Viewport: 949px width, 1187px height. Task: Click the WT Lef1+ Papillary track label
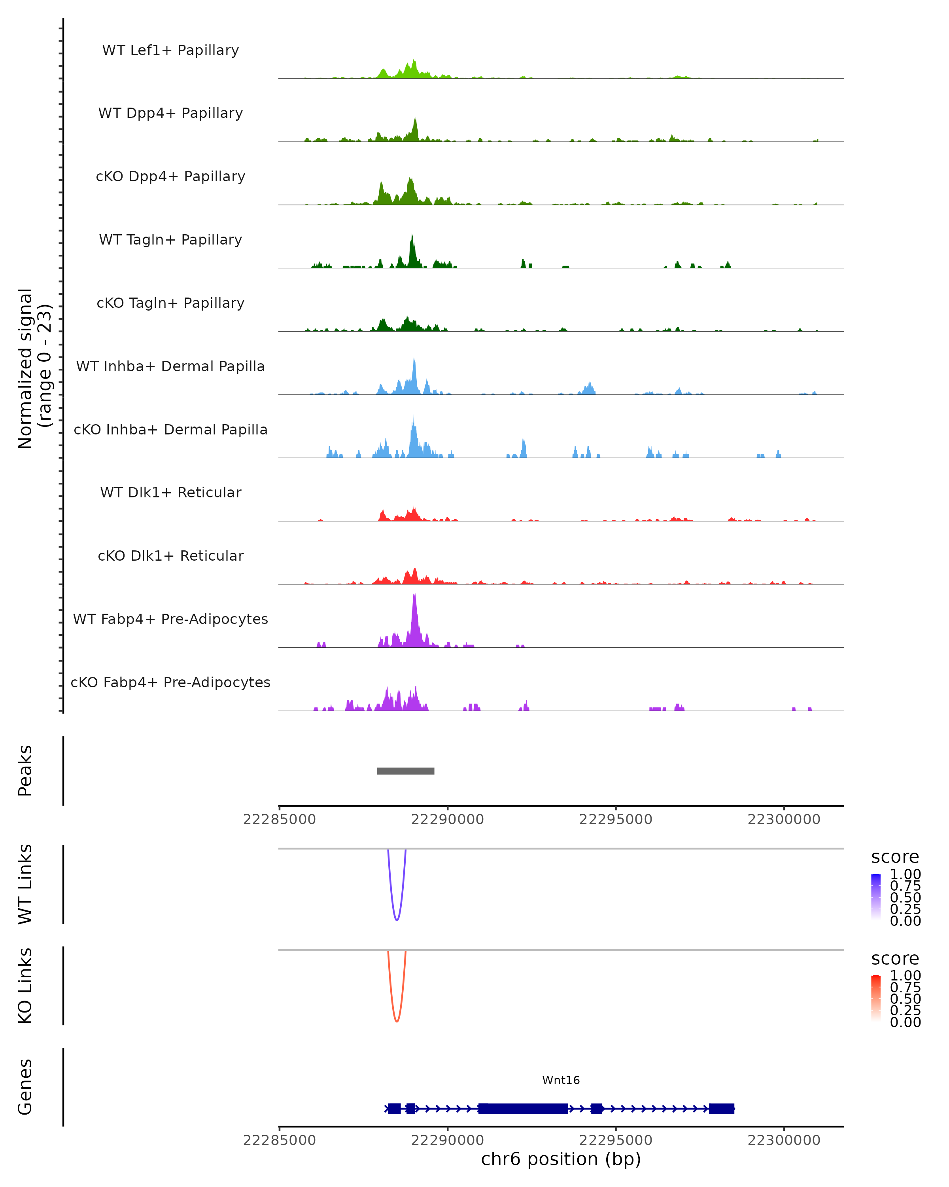point(170,50)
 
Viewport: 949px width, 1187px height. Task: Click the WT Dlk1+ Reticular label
point(170,492)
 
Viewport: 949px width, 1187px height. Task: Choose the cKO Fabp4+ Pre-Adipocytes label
point(170,682)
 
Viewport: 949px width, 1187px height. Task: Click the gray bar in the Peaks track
point(405,771)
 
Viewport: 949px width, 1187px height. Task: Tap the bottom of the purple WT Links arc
point(397,920)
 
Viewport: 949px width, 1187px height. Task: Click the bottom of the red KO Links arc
point(397,1021)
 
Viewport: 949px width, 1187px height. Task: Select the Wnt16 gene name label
point(561,1080)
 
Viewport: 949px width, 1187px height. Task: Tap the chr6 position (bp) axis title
point(561,1159)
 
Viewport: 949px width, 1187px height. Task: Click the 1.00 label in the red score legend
point(905,975)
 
